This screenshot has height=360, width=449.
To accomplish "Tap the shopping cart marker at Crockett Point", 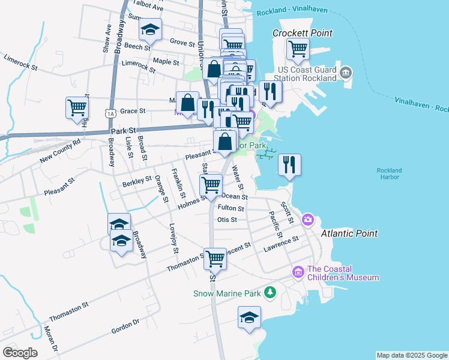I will point(298,49).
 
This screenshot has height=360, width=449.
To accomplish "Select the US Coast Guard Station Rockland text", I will point(306,74).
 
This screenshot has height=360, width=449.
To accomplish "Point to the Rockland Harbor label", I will point(389,174).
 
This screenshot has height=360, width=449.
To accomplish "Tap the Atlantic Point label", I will point(349,233).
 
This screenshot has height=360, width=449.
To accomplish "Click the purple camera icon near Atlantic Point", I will point(308,220).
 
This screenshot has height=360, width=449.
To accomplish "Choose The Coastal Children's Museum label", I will point(343,273).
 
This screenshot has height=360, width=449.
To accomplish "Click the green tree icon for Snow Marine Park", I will point(271,292).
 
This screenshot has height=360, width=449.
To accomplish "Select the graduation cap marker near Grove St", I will point(150,31).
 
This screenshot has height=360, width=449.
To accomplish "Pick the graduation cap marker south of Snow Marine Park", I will point(250,317).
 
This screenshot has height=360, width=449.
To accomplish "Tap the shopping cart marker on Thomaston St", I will point(215,259).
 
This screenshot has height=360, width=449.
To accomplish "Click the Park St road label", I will point(125,130).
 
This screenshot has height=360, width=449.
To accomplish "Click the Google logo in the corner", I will point(20,352).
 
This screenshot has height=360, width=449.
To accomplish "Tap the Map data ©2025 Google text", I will point(411,355).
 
